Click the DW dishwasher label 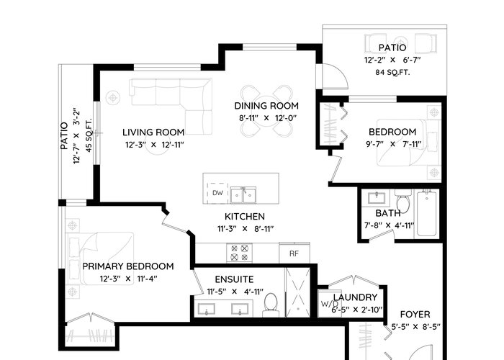pyautogui.click(x=217, y=193)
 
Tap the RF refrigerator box pyautogui.click(x=294, y=253)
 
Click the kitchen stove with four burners pyautogui.click(x=240, y=253)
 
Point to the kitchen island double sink pyautogui.click(x=243, y=195)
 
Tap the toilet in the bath pyautogui.click(x=402, y=201)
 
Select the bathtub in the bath pyautogui.click(x=427, y=214)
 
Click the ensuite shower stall pyautogui.click(x=298, y=292)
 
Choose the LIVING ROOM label pyautogui.click(x=153, y=132)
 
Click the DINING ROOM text pyautogui.click(x=266, y=106)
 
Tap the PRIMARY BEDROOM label pyautogui.click(x=128, y=266)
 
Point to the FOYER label pyautogui.click(x=415, y=315)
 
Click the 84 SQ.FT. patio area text pyautogui.click(x=392, y=72)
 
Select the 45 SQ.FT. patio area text pyautogui.click(x=89, y=135)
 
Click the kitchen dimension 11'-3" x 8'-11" pyautogui.click(x=245, y=229)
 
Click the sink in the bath pyautogui.click(x=377, y=197)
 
